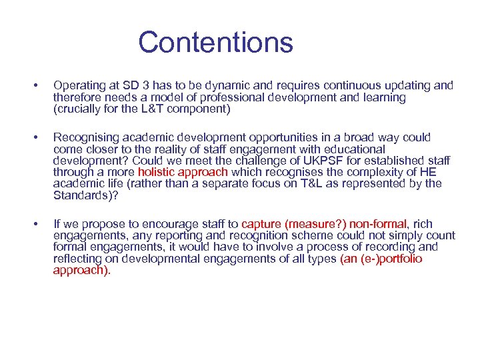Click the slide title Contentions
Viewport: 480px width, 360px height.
(x=215, y=42)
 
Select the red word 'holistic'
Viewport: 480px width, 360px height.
(x=159, y=173)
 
